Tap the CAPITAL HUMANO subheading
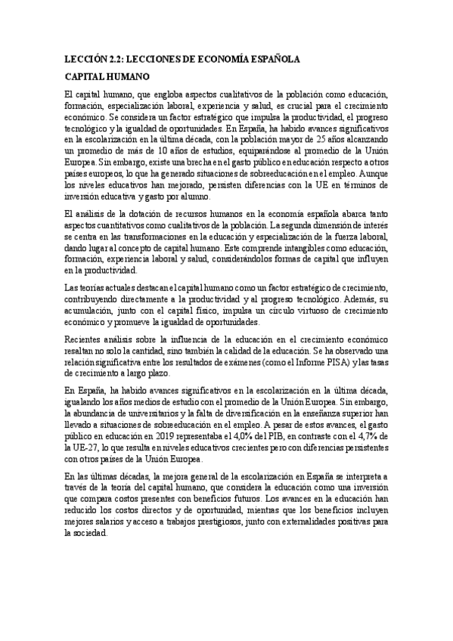[x=107, y=77]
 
